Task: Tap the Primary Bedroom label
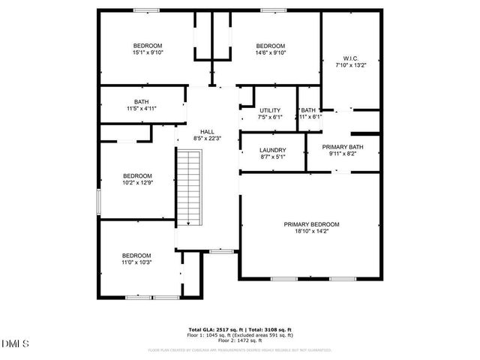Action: pyautogui.click(x=311, y=224)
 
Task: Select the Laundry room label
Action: pyautogui.click(x=273, y=149)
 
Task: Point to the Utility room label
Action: pyautogui.click(x=270, y=109)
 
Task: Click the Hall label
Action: pyautogui.click(x=207, y=131)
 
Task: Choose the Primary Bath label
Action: pyautogui.click(x=343, y=147)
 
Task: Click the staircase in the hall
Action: pyautogui.click(x=190, y=187)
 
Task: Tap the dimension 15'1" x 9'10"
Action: pyautogui.click(x=147, y=52)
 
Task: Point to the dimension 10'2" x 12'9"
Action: pyautogui.click(x=137, y=183)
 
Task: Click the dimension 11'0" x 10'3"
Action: pyautogui.click(x=136, y=262)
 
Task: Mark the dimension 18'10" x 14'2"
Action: pyautogui.click(x=311, y=232)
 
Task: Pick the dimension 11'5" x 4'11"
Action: pyautogui.click(x=142, y=109)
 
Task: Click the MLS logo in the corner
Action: pyautogui.click(x=15, y=343)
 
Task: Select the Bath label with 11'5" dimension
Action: pyautogui.click(x=141, y=101)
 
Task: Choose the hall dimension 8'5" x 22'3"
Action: pyautogui.click(x=207, y=138)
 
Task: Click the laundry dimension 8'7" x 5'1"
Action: pyautogui.click(x=273, y=157)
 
